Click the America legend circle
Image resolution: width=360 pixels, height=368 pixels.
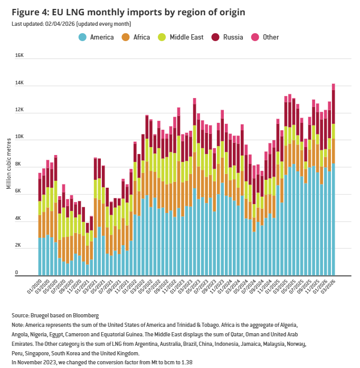point(83,37)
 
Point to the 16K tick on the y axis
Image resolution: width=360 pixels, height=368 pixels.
point(19,55)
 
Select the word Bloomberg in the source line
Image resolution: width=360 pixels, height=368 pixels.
point(85,315)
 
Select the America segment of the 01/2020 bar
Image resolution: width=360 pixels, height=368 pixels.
point(40,256)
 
